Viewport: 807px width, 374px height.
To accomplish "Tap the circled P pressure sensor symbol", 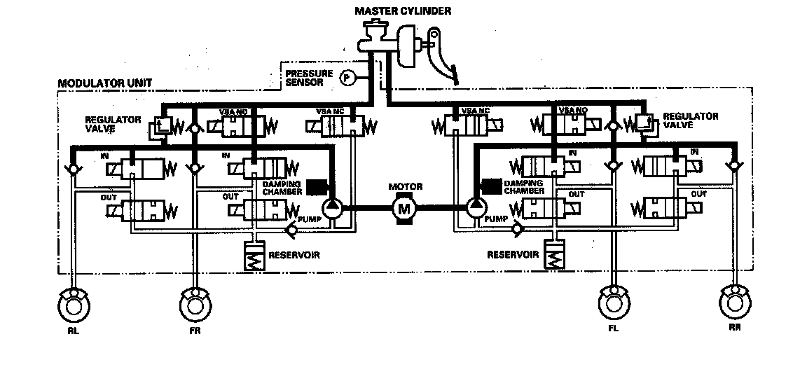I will (x=346, y=78).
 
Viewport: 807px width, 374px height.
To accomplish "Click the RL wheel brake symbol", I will (x=73, y=305).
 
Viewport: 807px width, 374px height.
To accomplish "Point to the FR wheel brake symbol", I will (x=193, y=305).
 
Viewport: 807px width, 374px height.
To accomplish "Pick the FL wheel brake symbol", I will (x=613, y=304).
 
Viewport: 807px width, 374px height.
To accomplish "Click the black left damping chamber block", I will (x=316, y=186).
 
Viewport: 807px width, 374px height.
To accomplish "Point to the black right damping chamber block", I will (x=491, y=186).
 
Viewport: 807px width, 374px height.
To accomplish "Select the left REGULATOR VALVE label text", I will (x=113, y=123).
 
